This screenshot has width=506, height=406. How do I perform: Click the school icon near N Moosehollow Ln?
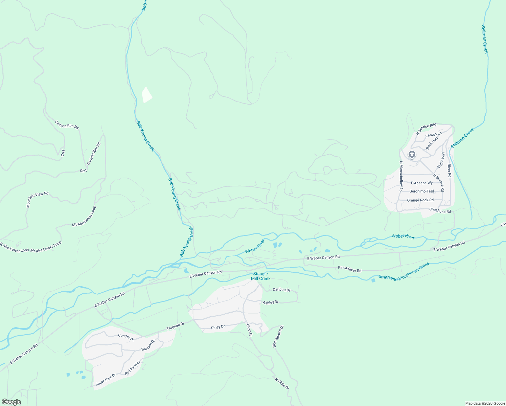click(x=412, y=155)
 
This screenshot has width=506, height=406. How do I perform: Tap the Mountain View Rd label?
click(x=38, y=200)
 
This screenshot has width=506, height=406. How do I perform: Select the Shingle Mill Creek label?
click(x=260, y=276)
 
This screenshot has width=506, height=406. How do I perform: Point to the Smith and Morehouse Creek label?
click(x=404, y=271)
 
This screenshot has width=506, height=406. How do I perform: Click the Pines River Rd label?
click(x=349, y=269)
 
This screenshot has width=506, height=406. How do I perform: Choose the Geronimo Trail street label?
click(x=421, y=191)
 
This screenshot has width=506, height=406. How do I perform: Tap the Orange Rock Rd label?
click(x=420, y=200)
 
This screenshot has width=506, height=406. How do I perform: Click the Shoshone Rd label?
click(x=440, y=210)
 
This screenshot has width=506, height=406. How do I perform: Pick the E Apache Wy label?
click(x=421, y=183)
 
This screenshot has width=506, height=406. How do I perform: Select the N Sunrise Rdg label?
click(x=426, y=129)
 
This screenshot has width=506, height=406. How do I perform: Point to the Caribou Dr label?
click(x=281, y=290)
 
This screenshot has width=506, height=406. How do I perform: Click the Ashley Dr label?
click(x=271, y=302)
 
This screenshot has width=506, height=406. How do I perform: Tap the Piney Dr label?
click(x=218, y=327)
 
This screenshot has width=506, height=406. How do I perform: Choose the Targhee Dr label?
click(x=175, y=326)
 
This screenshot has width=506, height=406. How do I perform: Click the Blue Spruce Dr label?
click(x=278, y=336)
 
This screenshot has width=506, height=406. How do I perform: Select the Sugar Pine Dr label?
click(x=106, y=379)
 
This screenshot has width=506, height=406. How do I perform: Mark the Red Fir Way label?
click(x=132, y=368)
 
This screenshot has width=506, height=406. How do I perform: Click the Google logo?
click(x=11, y=402)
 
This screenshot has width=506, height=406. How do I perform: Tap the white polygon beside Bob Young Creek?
click(x=147, y=95)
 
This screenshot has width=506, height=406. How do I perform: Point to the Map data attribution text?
click(x=485, y=403)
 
